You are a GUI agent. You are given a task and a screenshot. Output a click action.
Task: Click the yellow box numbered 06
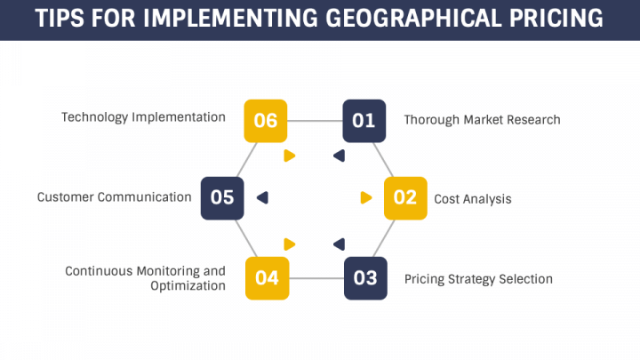tap(266, 121)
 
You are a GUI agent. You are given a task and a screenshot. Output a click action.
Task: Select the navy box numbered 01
tap(364, 121)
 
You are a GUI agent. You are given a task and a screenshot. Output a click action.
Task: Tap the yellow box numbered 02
tap(405, 198)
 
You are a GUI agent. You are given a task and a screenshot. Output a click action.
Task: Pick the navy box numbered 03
tap(365, 278)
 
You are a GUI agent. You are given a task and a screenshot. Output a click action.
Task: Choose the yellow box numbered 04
tap(267, 278)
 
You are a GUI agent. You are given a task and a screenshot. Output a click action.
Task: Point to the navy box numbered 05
tap(222, 197)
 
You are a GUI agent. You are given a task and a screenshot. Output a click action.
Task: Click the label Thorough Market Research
tap(482, 119)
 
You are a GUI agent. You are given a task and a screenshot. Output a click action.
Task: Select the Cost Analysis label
tap(472, 199)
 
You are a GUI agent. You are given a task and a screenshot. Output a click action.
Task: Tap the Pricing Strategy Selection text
tap(478, 279)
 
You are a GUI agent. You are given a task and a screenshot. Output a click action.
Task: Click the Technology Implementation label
tap(143, 117)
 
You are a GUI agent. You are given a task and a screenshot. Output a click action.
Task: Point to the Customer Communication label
tap(114, 197)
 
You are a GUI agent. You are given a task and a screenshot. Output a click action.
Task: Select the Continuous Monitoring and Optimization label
tap(145, 278)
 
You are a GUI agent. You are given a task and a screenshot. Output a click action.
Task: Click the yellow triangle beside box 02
tap(365, 198)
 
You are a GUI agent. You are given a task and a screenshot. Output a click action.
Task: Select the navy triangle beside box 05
tap(262, 197)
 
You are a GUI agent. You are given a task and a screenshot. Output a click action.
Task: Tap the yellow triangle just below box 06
tap(289, 156)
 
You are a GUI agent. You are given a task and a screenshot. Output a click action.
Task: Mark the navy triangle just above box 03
tap(339, 244)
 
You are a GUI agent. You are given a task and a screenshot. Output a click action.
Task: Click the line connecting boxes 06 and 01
tap(316, 121)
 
